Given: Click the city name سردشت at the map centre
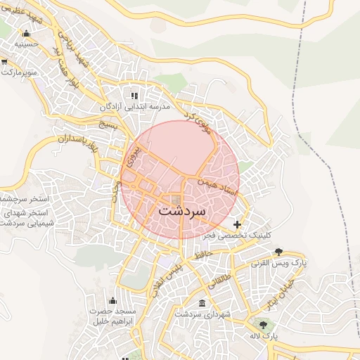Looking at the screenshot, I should point(182,210).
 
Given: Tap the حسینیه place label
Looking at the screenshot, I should point(27,44).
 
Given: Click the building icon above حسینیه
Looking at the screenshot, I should point(27,33).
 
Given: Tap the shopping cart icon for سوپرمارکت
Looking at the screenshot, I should point(5,63).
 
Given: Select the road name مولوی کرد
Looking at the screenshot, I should point(198,122).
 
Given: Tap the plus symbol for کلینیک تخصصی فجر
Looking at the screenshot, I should point(237,224).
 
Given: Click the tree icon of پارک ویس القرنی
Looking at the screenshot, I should point(279,252).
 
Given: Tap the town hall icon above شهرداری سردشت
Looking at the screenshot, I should point(202,304).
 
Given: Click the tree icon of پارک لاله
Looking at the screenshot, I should point(264,325).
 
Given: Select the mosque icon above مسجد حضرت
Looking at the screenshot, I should point(112,300).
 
